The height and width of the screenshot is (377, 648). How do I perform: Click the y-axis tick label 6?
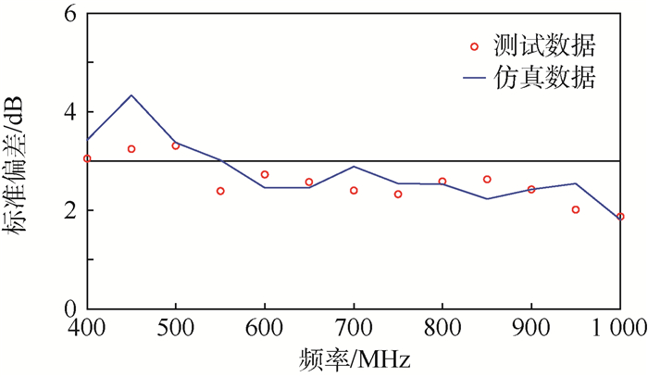coord(69,15)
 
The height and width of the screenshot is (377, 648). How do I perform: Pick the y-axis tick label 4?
coord(69,113)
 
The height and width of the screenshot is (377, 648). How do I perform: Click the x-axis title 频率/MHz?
coord(353,358)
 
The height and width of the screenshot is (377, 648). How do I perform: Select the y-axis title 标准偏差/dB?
coord(20,162)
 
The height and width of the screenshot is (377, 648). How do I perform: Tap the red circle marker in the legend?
coord(474,45)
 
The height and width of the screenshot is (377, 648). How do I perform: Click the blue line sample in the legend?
coord(474,81)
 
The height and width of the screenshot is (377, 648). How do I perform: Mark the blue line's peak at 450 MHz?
coord(131,95)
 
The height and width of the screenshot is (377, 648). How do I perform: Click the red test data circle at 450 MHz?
coord(131,149)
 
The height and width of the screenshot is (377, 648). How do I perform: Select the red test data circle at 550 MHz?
coord(220,191)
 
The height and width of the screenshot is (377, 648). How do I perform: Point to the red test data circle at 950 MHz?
coord(576,209)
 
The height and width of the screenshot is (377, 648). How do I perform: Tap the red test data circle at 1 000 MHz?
coord(620,217)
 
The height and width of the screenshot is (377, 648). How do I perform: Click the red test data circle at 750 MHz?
coord(398,195)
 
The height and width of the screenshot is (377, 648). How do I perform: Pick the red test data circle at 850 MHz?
coord(487,180)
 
